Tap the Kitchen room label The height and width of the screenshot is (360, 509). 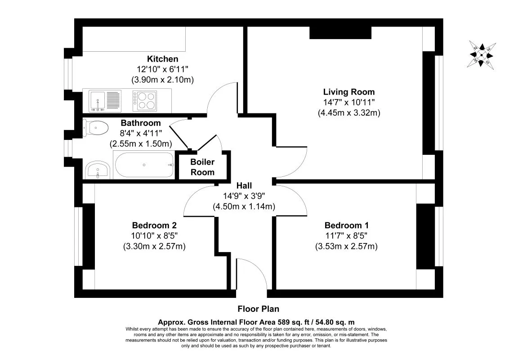162,59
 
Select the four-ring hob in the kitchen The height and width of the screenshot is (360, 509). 144,100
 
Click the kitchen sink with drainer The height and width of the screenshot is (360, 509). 105,100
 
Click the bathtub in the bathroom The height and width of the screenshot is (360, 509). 144,165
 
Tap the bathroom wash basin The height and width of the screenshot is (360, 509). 97,170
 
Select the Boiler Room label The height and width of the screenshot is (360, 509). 202,167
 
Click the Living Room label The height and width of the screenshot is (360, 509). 348,92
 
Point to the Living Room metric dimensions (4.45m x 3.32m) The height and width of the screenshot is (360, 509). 348,113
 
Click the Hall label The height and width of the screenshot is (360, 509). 244,185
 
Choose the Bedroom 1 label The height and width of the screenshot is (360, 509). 346,225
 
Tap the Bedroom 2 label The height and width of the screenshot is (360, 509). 154,225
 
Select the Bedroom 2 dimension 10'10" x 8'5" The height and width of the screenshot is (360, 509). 154,236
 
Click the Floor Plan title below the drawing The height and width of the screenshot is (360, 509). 258,309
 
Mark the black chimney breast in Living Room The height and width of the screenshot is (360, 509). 340,32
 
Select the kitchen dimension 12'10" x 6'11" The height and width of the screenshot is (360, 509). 162,69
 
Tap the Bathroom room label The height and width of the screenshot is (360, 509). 140,123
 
